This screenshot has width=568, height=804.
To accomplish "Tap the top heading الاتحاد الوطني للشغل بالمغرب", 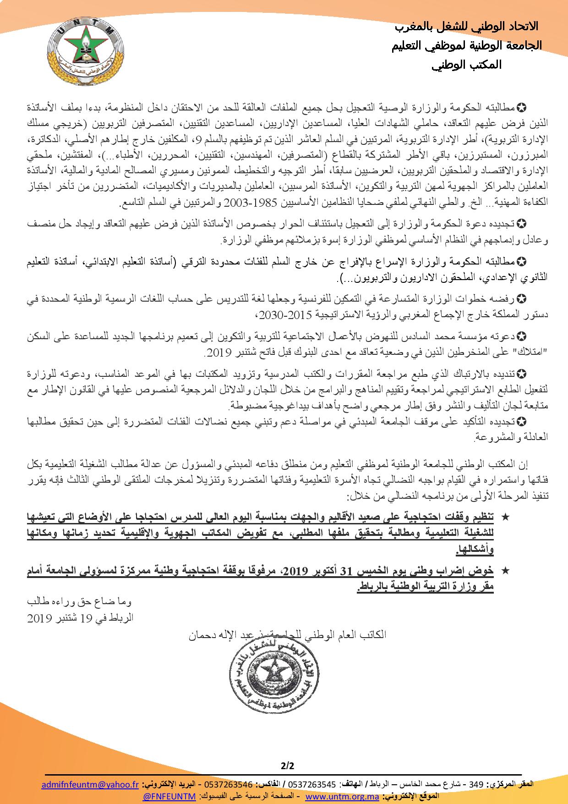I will pos(466,27).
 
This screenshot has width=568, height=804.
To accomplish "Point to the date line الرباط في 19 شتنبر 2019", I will pos(80,617).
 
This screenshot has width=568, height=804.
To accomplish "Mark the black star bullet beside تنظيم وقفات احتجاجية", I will pos(506,517).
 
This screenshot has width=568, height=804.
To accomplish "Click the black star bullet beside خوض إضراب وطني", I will pos(506,570).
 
